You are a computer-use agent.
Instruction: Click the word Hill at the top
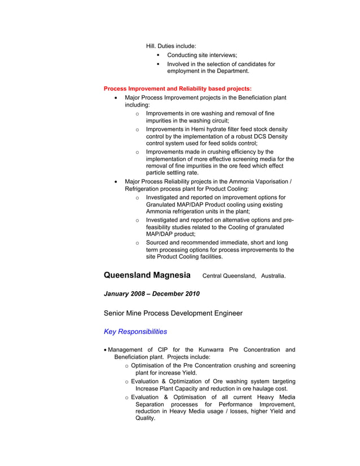tap(151, 46)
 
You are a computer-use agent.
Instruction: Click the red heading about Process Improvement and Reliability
tap(178, 89)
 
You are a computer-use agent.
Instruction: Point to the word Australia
tap(273, 276)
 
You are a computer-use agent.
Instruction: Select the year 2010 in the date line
tap(189, 294)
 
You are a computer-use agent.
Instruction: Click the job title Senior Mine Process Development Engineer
tap(173, 313)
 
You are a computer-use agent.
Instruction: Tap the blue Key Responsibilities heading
tap(135, 332)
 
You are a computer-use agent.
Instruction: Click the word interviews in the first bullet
tap(222, 55)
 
